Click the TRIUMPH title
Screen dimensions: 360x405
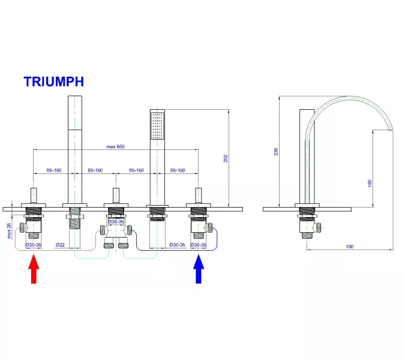(x=53, y=81)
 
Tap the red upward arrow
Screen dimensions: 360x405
(x=34, y=269)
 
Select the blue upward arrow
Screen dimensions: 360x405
(x=199, y=269)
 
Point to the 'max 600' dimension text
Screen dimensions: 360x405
(x=115, y=146)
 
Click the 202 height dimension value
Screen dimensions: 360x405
(x=226, y=158)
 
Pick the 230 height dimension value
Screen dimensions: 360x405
(x=277, y=152)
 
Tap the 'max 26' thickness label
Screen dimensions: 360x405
(x=9, y=230)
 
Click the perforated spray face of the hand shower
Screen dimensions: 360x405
(x=157, y=125)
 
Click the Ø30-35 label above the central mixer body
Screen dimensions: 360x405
(x=115, y=222)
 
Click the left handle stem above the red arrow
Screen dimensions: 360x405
(x=34, y=196)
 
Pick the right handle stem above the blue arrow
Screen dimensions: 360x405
(x=198, y=196)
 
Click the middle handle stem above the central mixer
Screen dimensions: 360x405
(x=116, y=196)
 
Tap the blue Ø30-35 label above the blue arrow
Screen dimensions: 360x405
(x=199, y=245)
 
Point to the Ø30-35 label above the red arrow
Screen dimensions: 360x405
(x=34, y=245)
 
